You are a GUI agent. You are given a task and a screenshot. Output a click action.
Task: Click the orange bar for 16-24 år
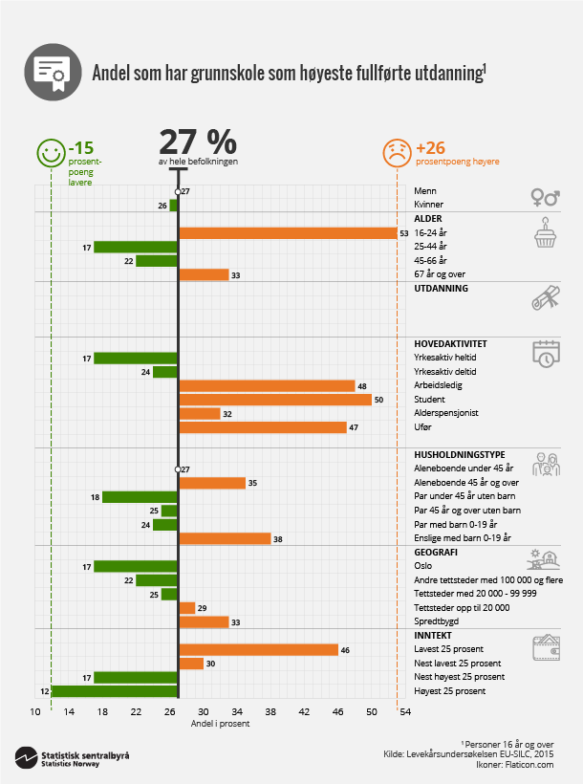pyautogui.click(x=288, y=233)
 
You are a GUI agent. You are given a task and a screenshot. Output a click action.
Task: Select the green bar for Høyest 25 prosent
pyautogui.click(x=115, y=691)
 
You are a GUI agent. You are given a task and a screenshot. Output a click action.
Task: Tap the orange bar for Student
pyautogui.click(x=275, y=400)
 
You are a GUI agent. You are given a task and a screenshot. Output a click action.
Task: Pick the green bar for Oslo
pyautogui.click(x=136, y=566)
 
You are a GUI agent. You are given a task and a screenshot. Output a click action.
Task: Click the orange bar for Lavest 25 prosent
pyautogui.click(x=258, y=650)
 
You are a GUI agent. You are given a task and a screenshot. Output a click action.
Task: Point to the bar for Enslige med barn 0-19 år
pyautogui.click(x=225, y=538)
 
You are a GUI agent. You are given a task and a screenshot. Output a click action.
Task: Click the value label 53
pyautogui.click(x=405, y=233)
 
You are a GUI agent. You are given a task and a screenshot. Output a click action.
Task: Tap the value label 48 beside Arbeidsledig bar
pyautogui.click(x=363, y=386)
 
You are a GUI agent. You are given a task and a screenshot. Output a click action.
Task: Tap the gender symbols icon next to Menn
pyautogui.click(x=545, y=197)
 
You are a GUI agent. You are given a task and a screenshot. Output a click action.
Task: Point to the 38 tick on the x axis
pyautogui.click(x=270, y=712)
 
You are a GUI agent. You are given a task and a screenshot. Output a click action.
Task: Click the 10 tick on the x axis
pyautogui.click(x=34, y=712)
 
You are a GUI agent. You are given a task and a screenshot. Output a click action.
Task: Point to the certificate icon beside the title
pyautogui.click(x=51, y=72)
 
